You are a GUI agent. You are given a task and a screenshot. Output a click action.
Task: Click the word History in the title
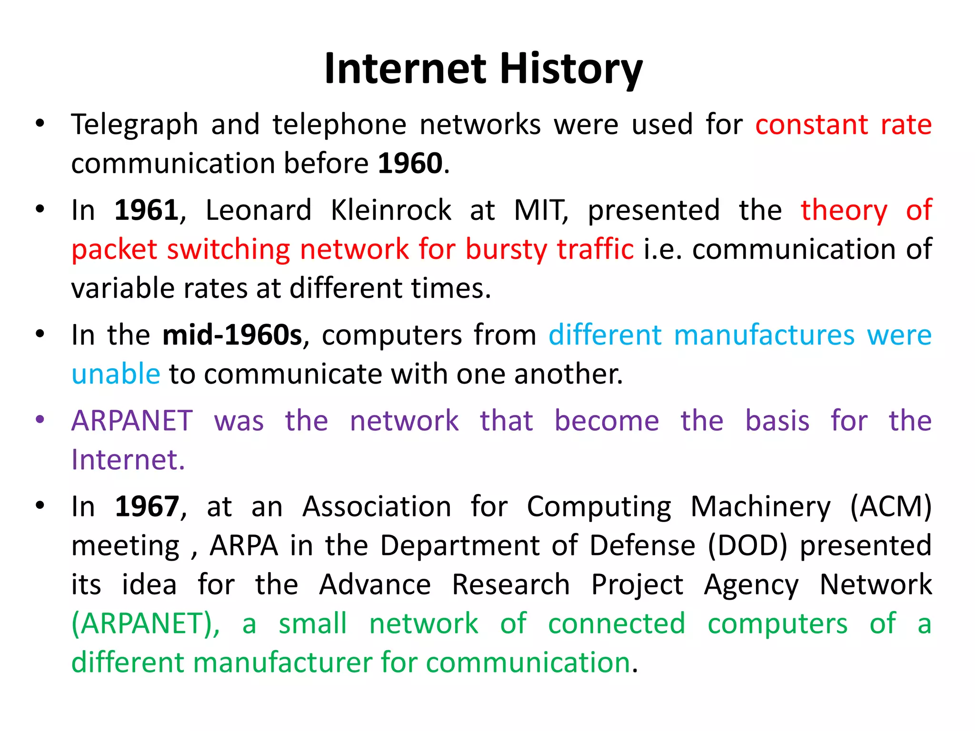(x=571, y=69)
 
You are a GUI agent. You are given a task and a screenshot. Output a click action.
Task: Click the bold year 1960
(x=410, y=163)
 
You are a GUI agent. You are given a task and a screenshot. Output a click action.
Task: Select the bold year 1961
(x=147, y=210)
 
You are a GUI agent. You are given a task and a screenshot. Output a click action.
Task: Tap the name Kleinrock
(x=391, y=210)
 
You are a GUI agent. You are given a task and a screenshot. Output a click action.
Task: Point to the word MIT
(x=541, y=210)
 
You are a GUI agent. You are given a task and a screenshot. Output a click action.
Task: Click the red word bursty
(x=506, y=249)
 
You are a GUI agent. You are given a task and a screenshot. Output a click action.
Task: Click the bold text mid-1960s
(x=232, y=335)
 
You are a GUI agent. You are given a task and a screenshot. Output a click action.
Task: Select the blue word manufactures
(x=764, y=335)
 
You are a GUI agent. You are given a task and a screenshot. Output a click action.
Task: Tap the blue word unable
(x=116, y=374)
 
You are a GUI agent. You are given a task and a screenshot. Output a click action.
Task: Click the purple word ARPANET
(x=132, y=421)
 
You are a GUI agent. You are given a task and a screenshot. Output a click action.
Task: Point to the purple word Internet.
(x=128, y=460)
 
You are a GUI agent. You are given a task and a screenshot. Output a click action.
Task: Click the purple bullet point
(x=40, y=420)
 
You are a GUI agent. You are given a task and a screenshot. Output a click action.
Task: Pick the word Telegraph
(x=134, y=125)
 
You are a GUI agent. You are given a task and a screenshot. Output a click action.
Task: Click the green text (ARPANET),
(x=146, y=623)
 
